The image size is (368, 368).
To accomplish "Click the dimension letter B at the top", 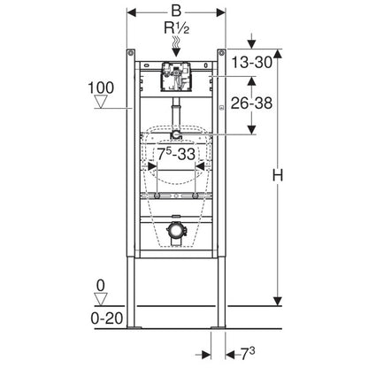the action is [176, 11].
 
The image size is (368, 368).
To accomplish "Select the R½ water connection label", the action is [176, 28].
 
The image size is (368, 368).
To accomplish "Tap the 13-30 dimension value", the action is [251, 62].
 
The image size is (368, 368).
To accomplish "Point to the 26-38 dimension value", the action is [251, 103].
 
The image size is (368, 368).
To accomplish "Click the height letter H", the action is [277, 175].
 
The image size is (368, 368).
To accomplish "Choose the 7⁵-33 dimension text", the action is [176, 154].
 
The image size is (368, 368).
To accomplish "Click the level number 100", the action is [101, 88].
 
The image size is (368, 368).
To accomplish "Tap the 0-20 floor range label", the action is [107, 318].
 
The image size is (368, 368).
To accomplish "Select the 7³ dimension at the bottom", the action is [248, 354].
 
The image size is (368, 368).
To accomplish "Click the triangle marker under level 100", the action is [101, 102].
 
